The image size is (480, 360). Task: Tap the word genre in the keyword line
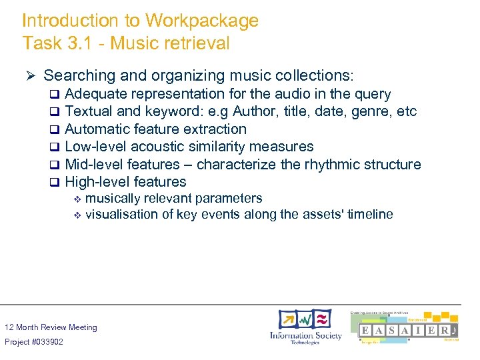pos(361,111)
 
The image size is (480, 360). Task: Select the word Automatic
pos(97,129)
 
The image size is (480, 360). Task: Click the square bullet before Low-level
pos(55,147)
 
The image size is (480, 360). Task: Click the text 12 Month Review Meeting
pos(51,327)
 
